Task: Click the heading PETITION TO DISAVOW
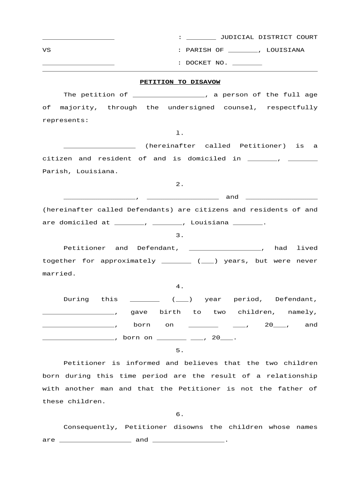(180, 82)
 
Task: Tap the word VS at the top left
(47, 50)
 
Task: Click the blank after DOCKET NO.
(247, 63)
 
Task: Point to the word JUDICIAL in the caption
(237, 37)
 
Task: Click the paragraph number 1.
(180, 133)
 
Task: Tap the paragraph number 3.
(180, 235)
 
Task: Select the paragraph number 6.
(180, 414)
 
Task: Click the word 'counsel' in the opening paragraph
(238, 108)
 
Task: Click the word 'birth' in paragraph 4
(170, 312)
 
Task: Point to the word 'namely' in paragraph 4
(302, 312)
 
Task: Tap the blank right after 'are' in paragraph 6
(95, 440)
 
